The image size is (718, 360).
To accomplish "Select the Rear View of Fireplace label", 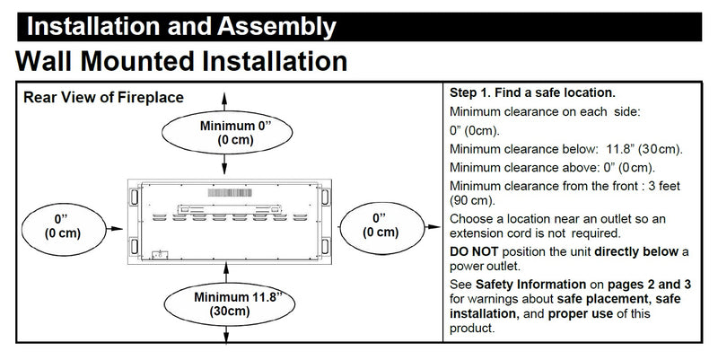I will pos(103,98).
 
